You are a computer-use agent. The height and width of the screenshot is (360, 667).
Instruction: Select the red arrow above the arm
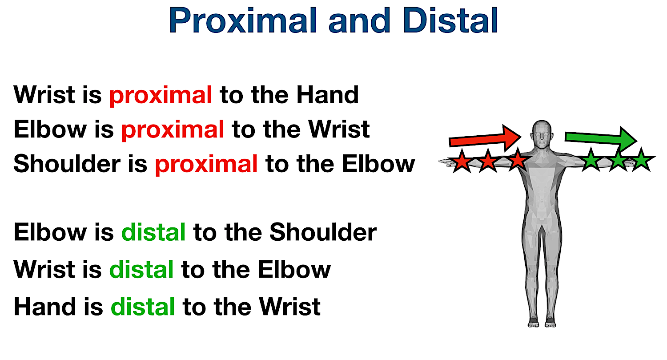tap(485, 138)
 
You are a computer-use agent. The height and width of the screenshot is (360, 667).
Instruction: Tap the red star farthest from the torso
tap(462, 161)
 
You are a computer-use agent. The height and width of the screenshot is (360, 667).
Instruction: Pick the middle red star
tap(489, 161)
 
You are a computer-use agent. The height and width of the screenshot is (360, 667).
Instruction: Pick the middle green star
tap(618, 160)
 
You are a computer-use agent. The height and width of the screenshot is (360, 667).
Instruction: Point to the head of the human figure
tap(541, 133)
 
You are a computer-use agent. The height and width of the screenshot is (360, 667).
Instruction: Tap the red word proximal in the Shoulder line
tap(206, 164)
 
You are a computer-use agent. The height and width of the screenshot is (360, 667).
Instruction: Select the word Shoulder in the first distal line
tap(323, 232)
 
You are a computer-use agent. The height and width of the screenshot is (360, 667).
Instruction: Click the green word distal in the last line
tap(142, 307)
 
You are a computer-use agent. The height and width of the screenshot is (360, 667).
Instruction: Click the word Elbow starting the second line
tap(50, 129)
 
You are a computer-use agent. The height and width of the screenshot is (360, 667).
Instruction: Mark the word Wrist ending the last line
tap(290, 307)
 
